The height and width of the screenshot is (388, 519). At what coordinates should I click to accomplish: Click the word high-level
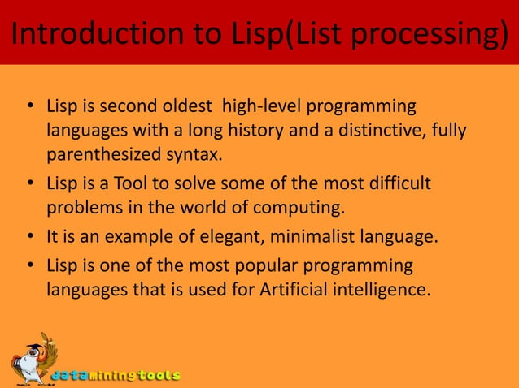click(255, 107)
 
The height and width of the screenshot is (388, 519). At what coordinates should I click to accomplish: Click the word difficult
click(399, 183)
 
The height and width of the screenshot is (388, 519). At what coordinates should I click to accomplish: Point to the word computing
click(306, 207)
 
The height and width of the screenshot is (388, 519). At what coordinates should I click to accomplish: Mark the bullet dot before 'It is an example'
click(29, 237)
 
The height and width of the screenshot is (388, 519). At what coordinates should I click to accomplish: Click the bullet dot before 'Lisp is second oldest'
click(29, 108)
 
